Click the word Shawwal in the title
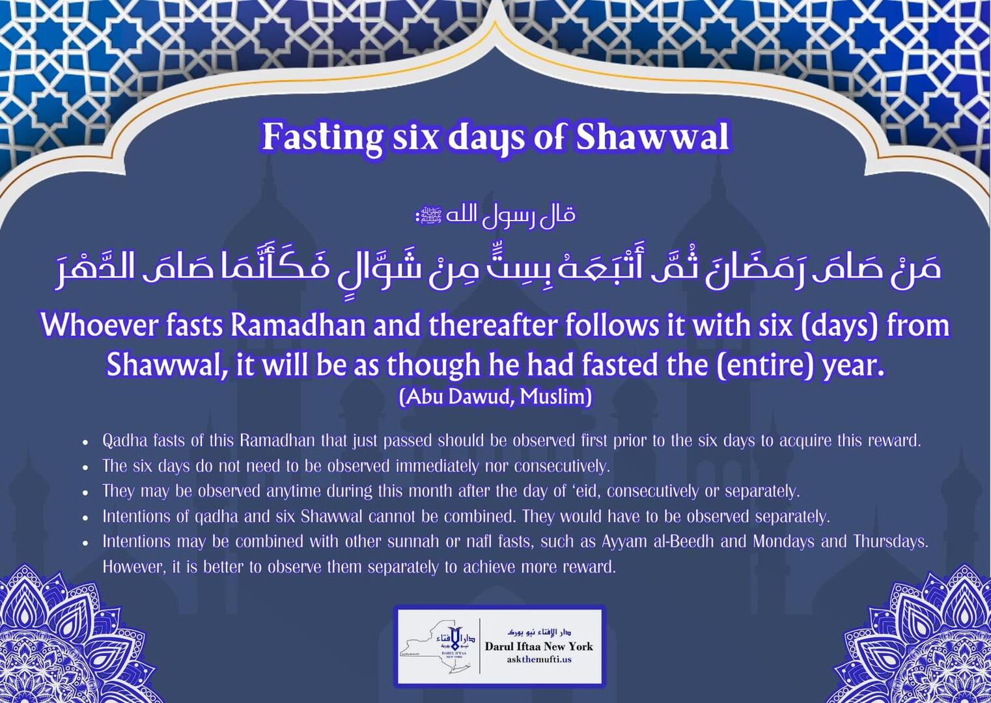point(652,137)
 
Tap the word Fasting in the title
point(322,137)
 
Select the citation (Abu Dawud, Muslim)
point(495,396)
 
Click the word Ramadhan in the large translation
point(298,325)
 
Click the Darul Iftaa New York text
point(538,646)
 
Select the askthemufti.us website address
point(538,659)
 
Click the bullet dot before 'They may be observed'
point(85,492)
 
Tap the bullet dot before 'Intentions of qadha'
point(85,517)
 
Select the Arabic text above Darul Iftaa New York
point(538,632)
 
